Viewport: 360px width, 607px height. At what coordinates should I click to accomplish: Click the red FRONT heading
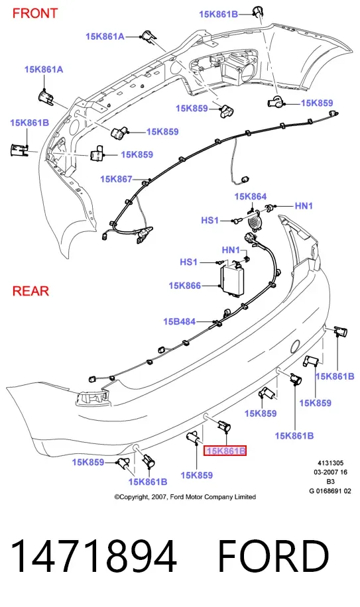(35, 13)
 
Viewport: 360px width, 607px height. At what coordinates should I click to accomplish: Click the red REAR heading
(30, 291)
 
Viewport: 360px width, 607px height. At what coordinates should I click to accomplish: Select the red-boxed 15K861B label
(225, 451)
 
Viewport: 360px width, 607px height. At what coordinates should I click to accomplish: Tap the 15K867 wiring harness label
(116, 179)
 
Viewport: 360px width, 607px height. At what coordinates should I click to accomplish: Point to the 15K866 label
(185, 286)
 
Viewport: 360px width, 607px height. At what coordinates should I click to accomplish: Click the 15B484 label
(179, 321)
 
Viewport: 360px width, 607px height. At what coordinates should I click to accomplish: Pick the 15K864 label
(251, 197)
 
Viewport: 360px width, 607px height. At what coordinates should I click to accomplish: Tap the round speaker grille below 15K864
(253, 223)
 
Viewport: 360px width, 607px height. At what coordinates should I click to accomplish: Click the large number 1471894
(93, 556)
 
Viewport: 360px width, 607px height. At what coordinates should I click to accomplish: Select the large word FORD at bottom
(273, 556)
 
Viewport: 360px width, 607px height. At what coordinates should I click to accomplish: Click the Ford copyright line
(185, 497)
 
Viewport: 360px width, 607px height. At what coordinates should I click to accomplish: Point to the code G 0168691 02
(330, 491)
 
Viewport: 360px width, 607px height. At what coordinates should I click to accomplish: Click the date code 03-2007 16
(330, 472)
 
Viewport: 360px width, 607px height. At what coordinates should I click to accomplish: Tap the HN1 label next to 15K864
(304, 206)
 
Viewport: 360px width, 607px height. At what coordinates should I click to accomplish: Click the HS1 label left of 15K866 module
(188, 262)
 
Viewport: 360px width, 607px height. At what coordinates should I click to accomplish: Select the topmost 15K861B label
(218, 15)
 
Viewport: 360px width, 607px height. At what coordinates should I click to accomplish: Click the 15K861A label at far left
(44, 70)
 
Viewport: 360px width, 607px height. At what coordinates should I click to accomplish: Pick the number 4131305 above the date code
(331, 463)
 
